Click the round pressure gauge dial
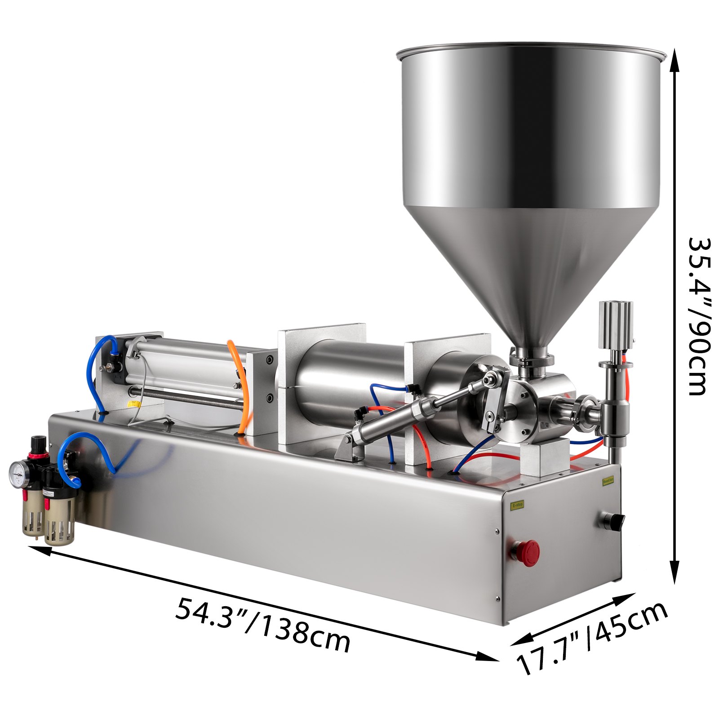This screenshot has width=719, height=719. [x=18, y=471]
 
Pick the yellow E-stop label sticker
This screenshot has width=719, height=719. [x=517, y=505]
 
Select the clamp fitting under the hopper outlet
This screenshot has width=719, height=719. [x=531, y=359]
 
